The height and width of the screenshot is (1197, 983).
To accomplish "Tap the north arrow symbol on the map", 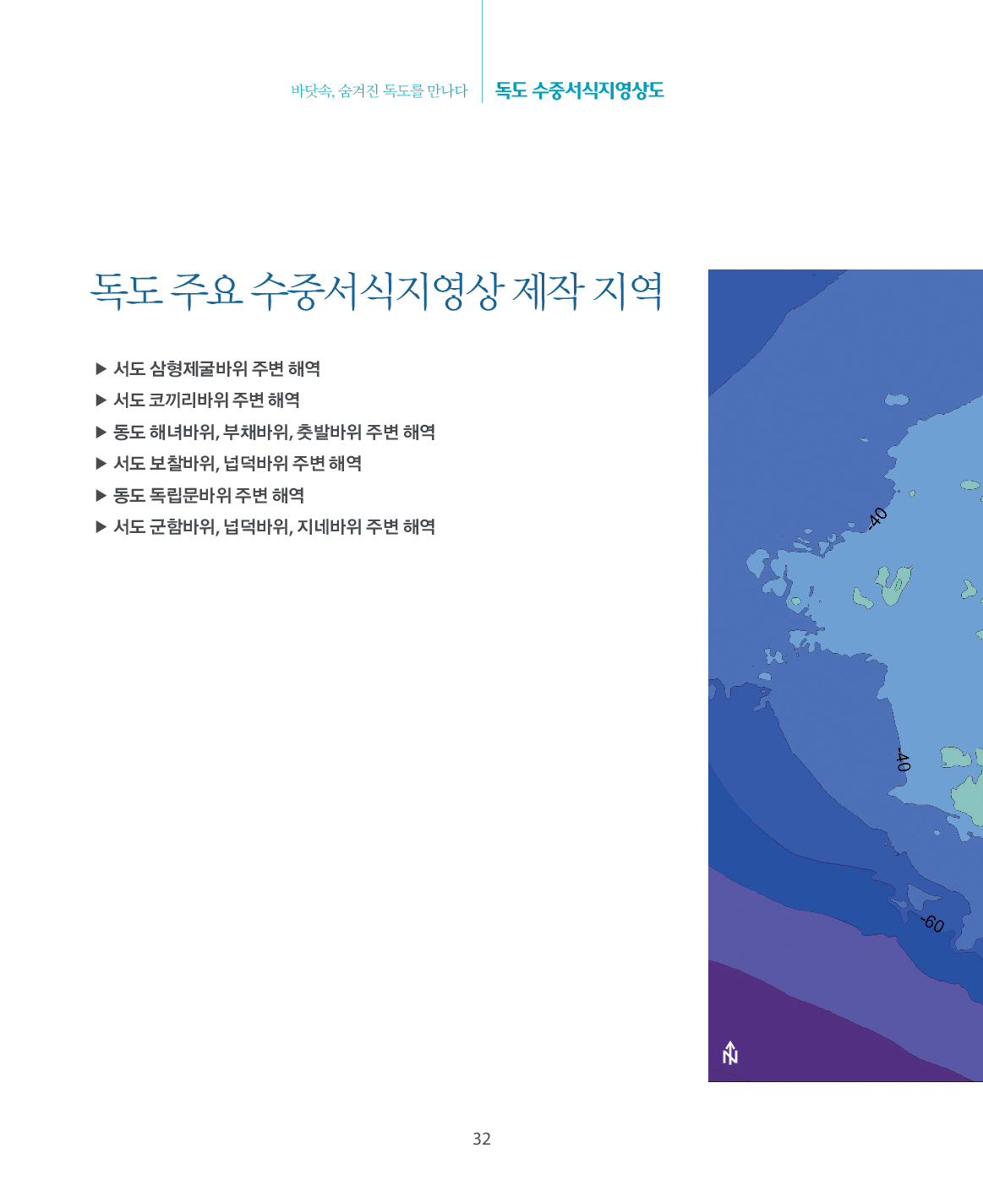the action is point(729,1053).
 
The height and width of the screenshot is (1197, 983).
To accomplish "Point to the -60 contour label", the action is point(932,923).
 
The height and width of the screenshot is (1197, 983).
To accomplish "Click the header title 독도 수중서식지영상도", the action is point(579,90).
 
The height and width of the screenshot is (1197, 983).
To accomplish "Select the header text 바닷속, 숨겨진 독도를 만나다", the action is point(380,91).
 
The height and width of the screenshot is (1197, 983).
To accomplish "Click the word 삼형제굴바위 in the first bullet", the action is point(198,369).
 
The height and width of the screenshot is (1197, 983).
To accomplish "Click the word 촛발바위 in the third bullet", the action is point(329,432).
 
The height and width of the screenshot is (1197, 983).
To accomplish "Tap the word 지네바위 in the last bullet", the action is point(329,527).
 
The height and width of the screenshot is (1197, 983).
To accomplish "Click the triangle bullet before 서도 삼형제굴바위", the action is point(101,369).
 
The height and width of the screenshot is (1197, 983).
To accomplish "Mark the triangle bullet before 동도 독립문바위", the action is point(101,496).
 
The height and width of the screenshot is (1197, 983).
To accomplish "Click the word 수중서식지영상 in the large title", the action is point(377,291).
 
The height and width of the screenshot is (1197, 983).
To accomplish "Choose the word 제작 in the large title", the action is point(548,291).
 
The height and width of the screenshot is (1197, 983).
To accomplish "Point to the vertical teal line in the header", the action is point(482,51).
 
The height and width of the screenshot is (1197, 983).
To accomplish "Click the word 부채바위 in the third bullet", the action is point(257,432).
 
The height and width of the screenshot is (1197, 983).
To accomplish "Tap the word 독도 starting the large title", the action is point(126,291).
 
